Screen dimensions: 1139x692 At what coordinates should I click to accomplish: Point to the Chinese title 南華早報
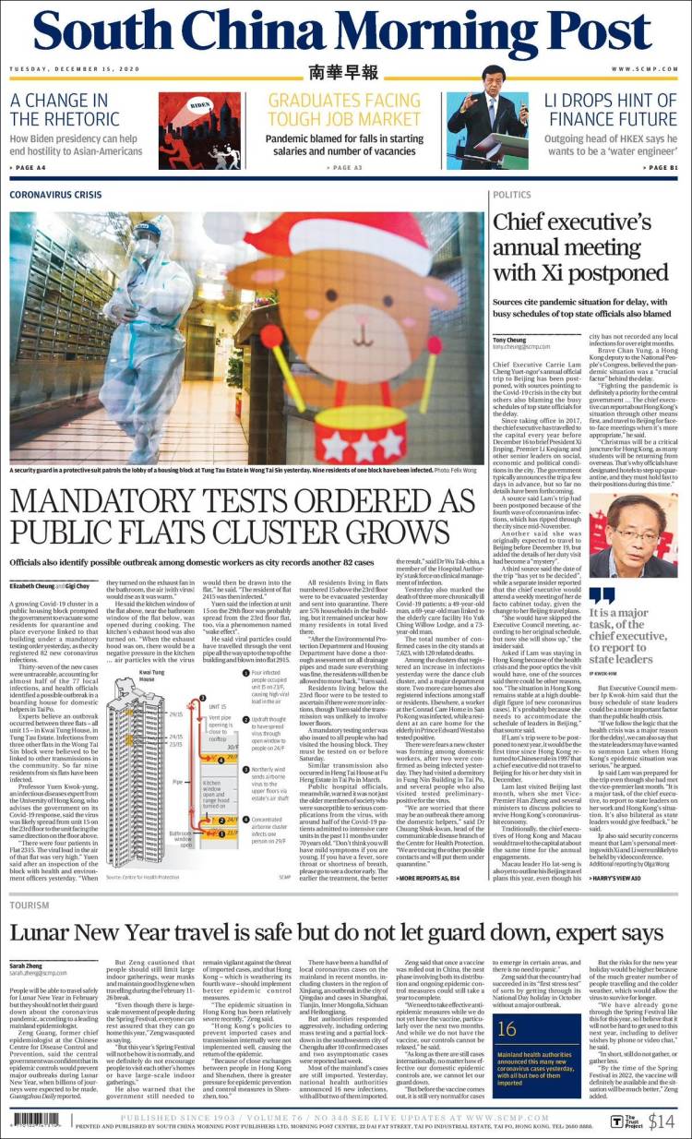tap(344, 72)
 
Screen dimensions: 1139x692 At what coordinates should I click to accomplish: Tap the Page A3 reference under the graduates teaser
tap(343, 167)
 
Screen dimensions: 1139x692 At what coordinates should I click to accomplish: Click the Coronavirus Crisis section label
tap(68, 196)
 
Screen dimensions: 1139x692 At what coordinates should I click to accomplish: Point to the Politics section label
tap(512, 196)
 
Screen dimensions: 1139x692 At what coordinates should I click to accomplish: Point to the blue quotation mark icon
tap(602, 595)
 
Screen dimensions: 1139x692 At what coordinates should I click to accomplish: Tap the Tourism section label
tap(30, 905)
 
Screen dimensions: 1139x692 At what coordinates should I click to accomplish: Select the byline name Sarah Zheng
tap(31, 964)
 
